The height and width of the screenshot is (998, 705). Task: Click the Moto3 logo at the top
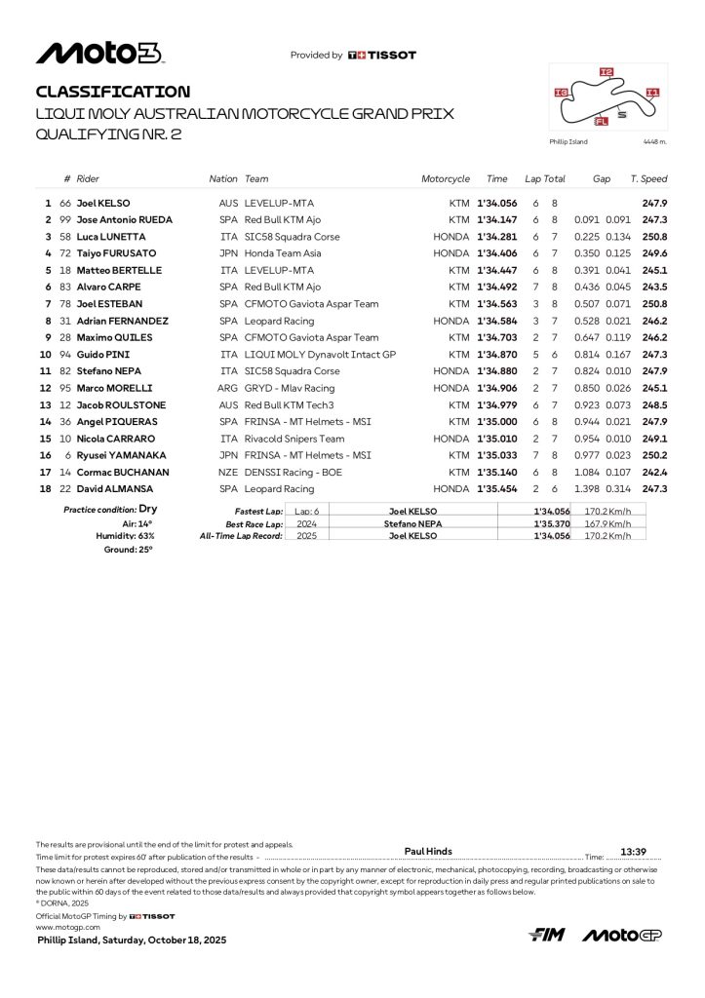(x=99, y=55)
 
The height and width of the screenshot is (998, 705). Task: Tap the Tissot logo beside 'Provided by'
(x=381, y=56)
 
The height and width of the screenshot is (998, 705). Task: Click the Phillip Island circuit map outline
(x=607, y=98)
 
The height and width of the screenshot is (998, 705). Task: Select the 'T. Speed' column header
(x=648, y=179)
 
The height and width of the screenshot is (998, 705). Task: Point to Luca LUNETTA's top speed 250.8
(x=654, y=236)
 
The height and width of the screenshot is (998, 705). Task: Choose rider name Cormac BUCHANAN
(x=122, y=472)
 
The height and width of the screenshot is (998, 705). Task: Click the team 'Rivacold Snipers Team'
(x=294, y=438)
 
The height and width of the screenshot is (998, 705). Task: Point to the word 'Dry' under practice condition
(x=148, y=509)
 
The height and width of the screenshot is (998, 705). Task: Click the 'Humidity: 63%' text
(x=133, y=536)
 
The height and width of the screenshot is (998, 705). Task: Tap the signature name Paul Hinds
(x=428, y=851)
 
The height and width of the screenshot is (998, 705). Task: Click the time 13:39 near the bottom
(x=634, y=851)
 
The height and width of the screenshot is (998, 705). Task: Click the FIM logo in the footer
(x=547, y=936)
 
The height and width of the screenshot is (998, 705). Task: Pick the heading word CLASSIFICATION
(x=113, y=92)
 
